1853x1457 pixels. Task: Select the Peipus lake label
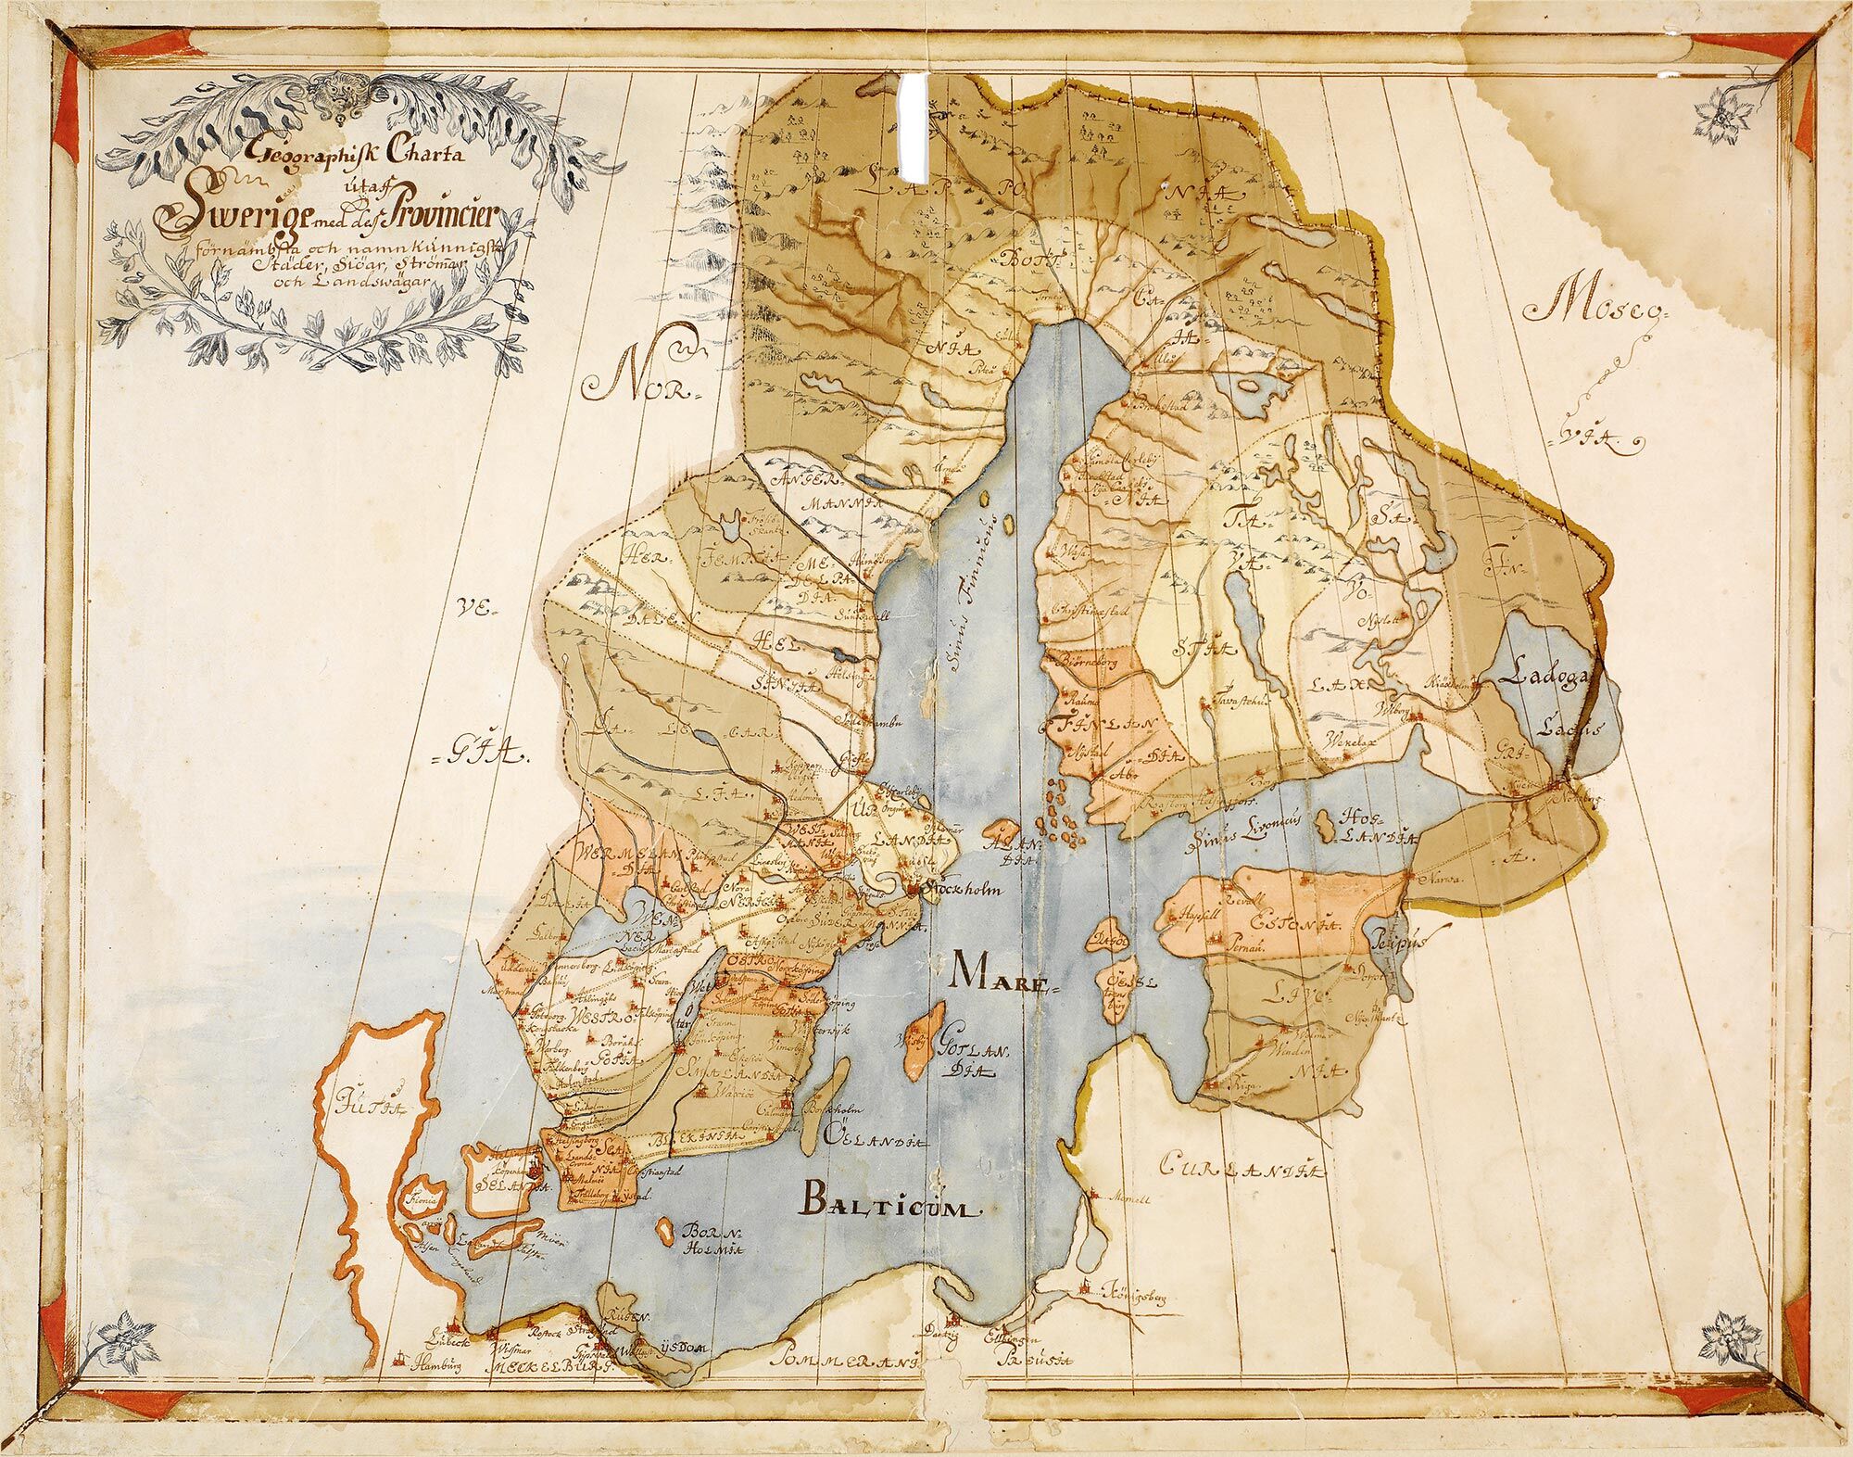pyautogui.click(x=1404, y=939)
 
